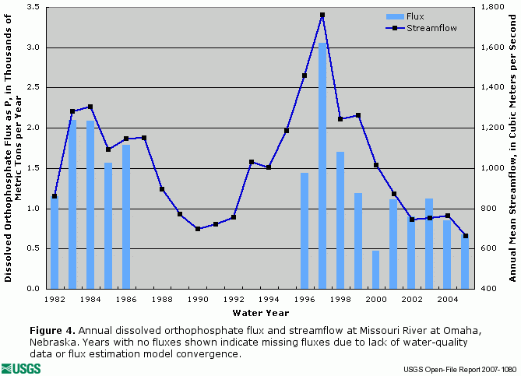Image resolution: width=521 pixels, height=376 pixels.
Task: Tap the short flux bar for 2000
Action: click(x=376, y=269)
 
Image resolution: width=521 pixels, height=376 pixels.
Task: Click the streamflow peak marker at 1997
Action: click(x=322, y=15)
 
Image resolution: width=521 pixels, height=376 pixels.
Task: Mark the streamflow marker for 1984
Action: click(x=90, y=107)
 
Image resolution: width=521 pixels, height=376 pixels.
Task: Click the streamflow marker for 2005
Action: click(x=466, y=236)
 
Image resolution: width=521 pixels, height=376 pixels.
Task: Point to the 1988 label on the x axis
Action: click(x=162, y=299)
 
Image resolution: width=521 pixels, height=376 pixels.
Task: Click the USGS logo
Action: click(x=22, y=367)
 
